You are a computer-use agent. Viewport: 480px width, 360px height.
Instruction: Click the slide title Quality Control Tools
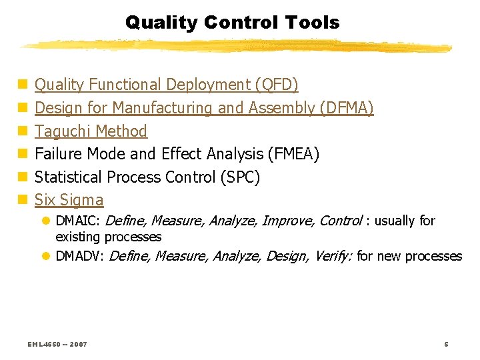point(232,23)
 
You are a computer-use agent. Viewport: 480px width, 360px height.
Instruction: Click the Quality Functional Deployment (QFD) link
point(166,85)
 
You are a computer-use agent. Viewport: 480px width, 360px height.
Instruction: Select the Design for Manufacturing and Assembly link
point(203,108)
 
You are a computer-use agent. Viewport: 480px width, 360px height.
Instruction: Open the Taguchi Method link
point(91,131)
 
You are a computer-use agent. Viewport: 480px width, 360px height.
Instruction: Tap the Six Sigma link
point(69,200)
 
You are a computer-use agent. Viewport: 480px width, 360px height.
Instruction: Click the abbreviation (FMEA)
point(293,154)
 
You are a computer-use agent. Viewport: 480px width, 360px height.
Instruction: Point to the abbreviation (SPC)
point(239,177)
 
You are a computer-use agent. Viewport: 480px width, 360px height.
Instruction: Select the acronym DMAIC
point(78,221)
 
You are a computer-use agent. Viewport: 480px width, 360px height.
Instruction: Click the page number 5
point(446,344)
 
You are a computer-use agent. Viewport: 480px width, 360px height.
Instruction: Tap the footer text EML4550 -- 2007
point(57,344)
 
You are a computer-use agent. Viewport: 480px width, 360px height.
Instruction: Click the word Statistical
point(65,177)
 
